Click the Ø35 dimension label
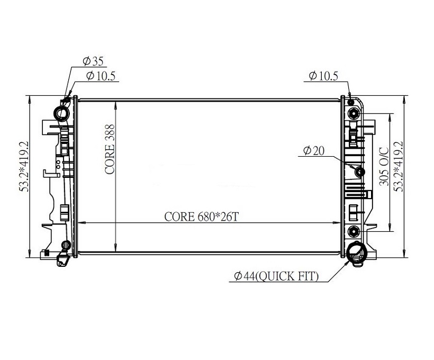click(93, 61)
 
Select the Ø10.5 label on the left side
click(101, 76)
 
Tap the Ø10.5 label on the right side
click(323, 76)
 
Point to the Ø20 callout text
click(314, 151)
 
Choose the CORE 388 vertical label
click(110, 149)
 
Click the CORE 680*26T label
click(202, 217)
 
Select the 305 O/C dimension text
click(384, 166)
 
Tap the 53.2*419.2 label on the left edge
click(24, 166)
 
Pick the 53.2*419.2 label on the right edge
click(399, 166)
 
